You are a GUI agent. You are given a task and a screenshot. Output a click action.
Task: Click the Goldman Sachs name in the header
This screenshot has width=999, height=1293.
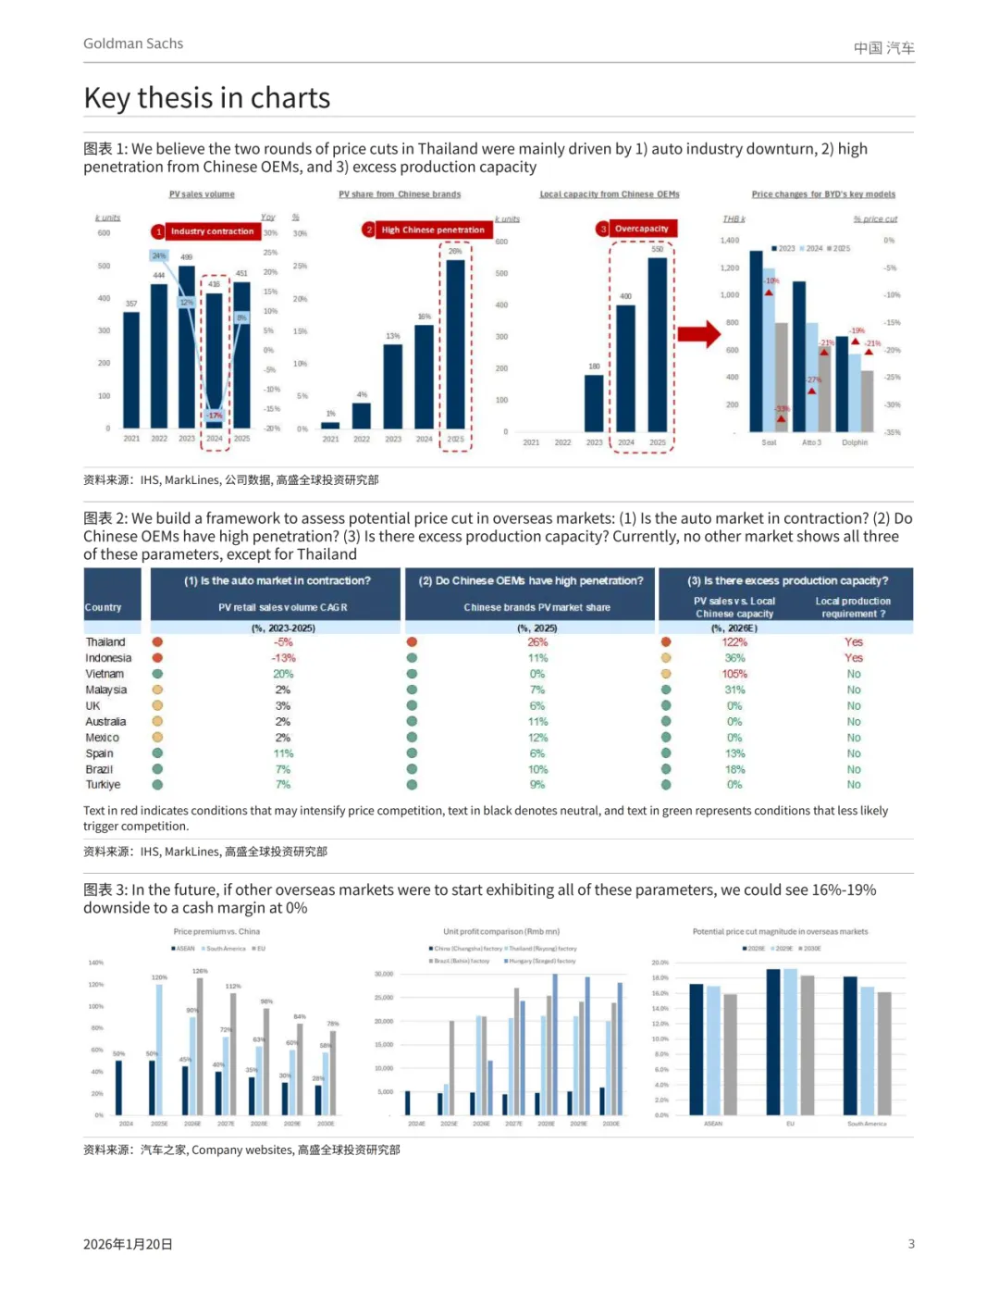click(x=133, y=44)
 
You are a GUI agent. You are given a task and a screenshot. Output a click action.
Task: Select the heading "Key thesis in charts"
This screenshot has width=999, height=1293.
click(x=206, y=98)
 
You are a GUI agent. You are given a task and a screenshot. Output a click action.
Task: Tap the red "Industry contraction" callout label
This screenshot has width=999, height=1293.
click(x=212, y=231)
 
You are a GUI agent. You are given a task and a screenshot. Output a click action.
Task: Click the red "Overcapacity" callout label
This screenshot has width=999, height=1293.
click(x=641, y=229)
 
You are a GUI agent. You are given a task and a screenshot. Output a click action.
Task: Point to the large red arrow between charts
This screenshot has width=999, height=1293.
click(x=698, y=334)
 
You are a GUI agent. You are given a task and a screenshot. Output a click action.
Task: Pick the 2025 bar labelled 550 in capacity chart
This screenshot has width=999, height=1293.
click(x=657, y=344)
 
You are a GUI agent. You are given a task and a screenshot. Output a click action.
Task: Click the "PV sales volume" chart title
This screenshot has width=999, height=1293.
click(x=202, y=194)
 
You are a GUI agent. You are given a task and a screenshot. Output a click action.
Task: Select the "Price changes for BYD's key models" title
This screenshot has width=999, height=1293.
click(x=823, y=194)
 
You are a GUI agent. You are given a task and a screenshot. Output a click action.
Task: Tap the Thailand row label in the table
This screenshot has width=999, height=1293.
click(x=105, y=642)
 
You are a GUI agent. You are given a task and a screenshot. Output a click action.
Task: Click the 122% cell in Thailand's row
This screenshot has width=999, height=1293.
click(x=734, y=642)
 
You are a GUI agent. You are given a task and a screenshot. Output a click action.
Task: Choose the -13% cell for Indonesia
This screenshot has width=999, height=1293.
click(x=283, y=658)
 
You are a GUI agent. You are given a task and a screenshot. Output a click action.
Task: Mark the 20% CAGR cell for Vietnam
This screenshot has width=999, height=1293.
click(x=283, y=674)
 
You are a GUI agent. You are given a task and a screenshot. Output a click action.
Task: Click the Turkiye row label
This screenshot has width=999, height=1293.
click(x=104, y=785)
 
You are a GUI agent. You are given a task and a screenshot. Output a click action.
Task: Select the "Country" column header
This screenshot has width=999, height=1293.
click(x=103, y=608)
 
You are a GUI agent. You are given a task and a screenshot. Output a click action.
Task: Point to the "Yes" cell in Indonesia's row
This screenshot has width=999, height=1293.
click(x=853, y=658)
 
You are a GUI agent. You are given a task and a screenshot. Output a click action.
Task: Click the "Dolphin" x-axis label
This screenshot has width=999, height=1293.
click(x=855, y=442)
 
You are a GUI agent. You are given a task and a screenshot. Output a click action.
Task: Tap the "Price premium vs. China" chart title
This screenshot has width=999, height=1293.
click(x=216, y=932)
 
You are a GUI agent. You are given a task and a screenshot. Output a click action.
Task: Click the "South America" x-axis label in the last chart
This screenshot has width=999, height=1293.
click(x=867, y=1124)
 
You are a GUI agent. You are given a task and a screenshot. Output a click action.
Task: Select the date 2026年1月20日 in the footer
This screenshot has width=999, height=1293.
click(x=128, y=1244)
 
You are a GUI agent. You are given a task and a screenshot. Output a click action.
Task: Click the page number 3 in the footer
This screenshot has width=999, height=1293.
click(x=911, y=1244)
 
